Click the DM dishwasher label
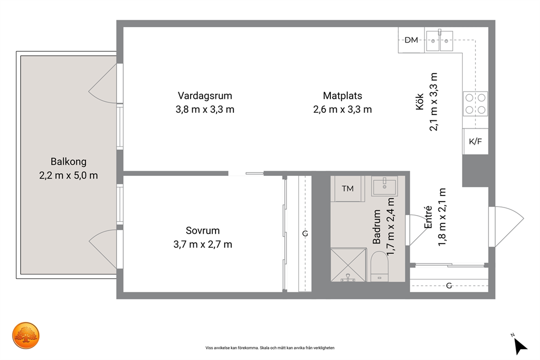411,40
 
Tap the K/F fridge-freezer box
476,141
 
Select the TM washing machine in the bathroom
347,188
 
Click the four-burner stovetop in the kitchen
475,103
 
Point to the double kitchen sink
439,41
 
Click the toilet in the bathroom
379,266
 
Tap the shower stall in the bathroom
348,265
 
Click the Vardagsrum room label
205,95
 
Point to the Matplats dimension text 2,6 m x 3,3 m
342,109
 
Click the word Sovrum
202,230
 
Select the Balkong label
69,162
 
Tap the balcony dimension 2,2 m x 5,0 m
69,175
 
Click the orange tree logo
26,335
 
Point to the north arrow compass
520,345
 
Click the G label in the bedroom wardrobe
305,234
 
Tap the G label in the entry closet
449,285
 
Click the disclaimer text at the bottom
270,348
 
